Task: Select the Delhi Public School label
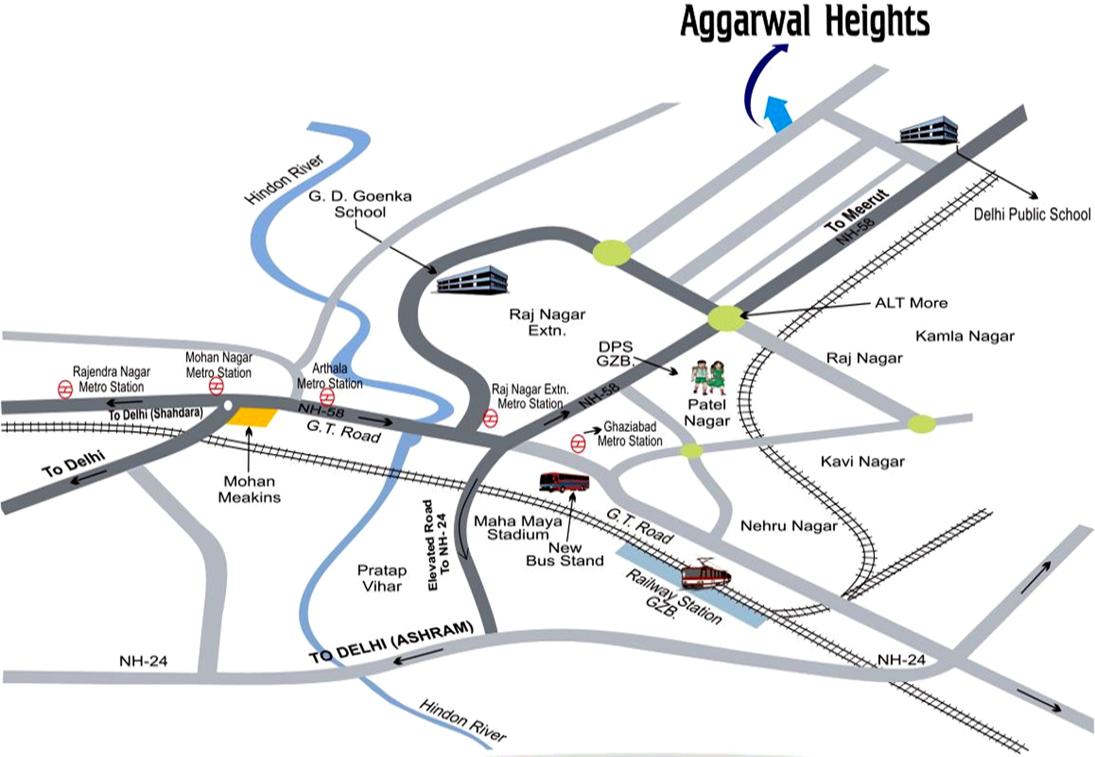coord(1031,214)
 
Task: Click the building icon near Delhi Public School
coord(929,130)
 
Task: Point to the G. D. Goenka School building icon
coord(472,280)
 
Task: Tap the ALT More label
coord(910,303)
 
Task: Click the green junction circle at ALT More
coord(726,318)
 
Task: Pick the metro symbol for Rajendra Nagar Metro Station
coord(65,389)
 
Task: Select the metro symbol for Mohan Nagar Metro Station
coord(216,386)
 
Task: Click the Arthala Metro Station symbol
coord(327,397)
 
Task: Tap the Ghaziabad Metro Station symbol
coord(578,443)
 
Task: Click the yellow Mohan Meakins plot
coord(252,417)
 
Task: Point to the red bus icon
coord(564,482)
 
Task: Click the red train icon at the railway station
coord(705,575)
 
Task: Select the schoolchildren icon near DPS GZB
coord(708,377)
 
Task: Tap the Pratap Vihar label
coord(382,578)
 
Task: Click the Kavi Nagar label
coord(862,462)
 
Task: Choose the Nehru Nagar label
coord(788,526)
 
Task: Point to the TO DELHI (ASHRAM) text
coord(391,641)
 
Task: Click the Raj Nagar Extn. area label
coord(547,322)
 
